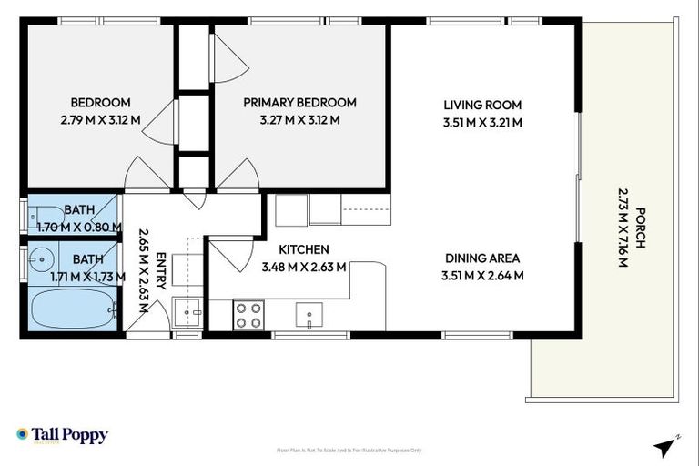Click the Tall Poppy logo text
[70, 435]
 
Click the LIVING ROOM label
[481, 104]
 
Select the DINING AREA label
[481, 258]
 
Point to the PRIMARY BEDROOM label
[299, 103]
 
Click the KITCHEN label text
[303, 249]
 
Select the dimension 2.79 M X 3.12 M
[100, 120]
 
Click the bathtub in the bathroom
[73, 309]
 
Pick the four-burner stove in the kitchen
[248, 315]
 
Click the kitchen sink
[310, 317]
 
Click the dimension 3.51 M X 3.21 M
[481, 122]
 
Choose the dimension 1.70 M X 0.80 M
[78, 227]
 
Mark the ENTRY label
[160, 270]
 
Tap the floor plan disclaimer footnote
[349, 451]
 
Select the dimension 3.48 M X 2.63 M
[303, 268]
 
